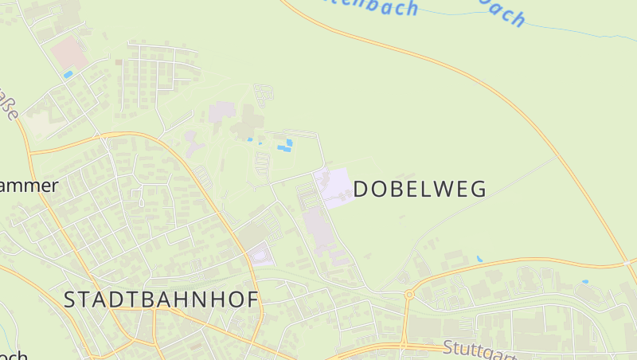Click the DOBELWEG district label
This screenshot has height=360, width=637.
[419, 189]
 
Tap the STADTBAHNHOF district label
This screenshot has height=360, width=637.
[162, 299]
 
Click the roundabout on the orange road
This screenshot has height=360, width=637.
[408, 295]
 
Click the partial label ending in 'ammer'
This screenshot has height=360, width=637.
[29, 186]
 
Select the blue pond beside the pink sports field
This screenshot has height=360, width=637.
[68, 75]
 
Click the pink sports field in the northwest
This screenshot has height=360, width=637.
[69, 53]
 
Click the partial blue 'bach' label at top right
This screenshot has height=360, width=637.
[502, 12]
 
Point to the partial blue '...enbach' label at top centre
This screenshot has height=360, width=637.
[370, 7]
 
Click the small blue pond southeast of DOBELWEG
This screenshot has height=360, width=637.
[479, 259]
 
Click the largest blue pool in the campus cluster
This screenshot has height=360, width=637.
[283, 148]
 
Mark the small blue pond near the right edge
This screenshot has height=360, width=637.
[585, 281]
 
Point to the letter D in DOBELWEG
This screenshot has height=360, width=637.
[361, 189]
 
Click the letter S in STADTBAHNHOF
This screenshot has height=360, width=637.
[69, 299]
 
